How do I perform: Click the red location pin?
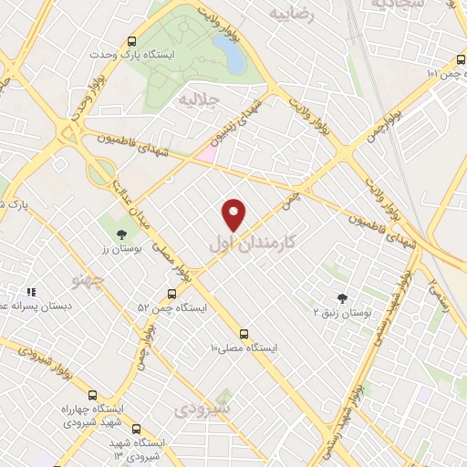(x=234, y=213)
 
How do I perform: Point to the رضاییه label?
(x=292, y=14)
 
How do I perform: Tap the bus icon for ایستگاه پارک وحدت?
(x=133, y=41)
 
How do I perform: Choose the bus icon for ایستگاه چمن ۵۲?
(x=171, y=294)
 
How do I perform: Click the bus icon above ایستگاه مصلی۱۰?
(x=244, y=334)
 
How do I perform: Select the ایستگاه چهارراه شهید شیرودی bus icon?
(x=92, y=395)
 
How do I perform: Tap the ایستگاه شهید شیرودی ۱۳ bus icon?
(x=136, y=429)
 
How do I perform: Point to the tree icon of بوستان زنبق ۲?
(x=342, y=297)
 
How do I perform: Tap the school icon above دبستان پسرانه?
(x=31, y=292)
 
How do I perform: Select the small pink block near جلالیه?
(x=207, y=154)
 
